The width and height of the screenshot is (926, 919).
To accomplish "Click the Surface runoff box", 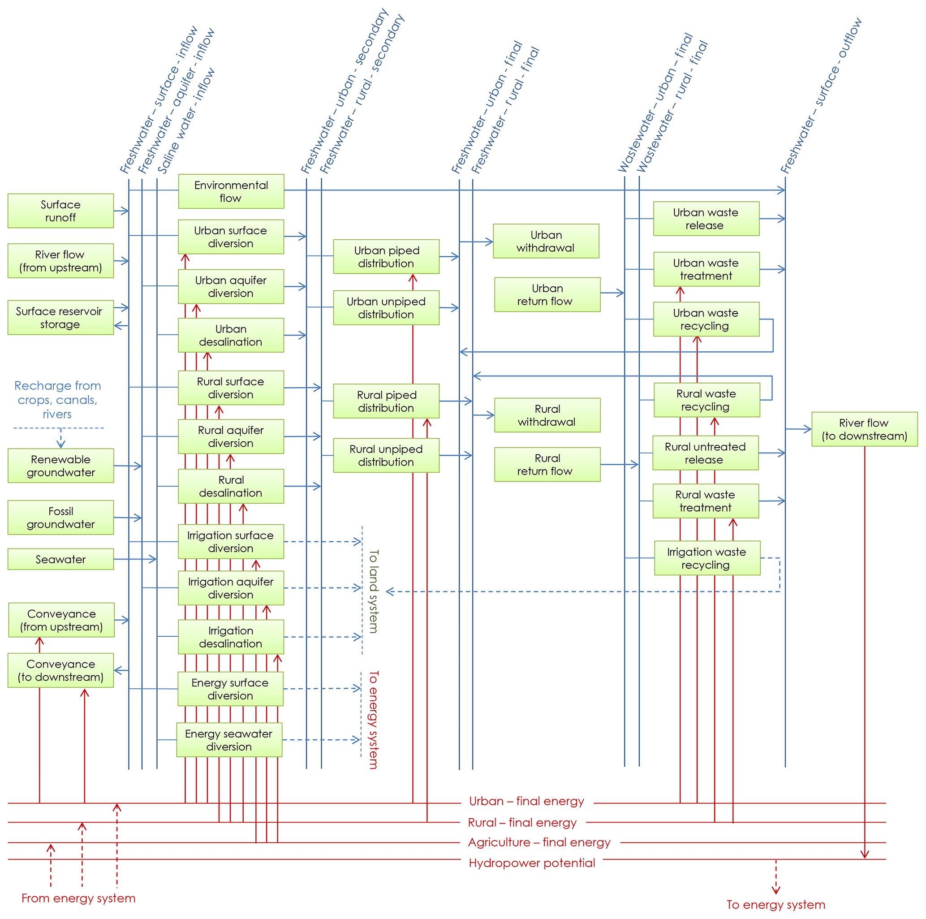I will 60,211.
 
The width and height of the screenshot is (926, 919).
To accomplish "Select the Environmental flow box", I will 231,191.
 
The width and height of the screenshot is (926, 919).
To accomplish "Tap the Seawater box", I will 60,559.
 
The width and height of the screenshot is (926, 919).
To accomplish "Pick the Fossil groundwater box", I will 60,517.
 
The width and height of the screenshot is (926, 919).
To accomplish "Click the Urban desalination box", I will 231,335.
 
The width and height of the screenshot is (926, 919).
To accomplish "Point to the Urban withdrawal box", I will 546,241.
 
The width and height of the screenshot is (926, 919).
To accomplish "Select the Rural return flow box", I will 547,464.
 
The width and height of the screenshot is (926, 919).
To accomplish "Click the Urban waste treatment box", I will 706,269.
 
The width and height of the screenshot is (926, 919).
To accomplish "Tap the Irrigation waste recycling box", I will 707,558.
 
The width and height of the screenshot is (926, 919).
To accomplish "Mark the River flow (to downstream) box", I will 864,429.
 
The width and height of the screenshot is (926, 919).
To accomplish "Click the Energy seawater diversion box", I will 229,740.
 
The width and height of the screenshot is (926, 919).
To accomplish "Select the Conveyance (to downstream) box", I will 61,670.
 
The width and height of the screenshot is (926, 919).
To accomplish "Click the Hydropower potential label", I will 531,863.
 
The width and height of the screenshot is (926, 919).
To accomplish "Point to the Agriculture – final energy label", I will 539,842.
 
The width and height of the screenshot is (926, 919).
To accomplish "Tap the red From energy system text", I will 78,898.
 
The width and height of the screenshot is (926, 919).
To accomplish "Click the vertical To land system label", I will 373,591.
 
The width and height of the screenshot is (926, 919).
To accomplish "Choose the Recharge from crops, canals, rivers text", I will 57,399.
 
